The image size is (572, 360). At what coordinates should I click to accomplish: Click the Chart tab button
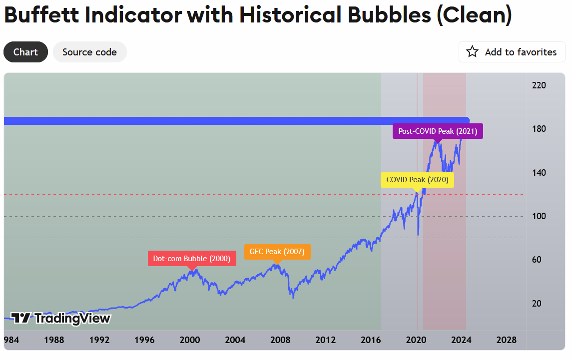(25, 52)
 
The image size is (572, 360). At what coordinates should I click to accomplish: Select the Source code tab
(89, 52)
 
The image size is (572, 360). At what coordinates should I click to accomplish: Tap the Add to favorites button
(512, 52)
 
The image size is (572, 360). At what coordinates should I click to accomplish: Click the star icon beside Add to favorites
(472, 52)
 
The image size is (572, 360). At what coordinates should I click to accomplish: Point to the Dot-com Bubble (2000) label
(192, 259)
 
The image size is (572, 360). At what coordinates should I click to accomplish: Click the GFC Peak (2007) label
(277, 252)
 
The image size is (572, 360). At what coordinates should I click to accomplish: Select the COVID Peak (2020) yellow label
(417, 180)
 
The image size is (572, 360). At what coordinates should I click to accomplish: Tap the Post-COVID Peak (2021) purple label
(438, 131)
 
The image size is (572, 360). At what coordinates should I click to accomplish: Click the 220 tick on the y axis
(539, 85)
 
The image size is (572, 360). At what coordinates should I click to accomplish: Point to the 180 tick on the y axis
(539, 129)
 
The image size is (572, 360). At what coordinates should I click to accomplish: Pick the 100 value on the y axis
(539, 216)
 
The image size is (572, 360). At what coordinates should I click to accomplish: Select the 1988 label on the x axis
(54, 340)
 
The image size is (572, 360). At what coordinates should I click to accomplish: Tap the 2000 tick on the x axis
(190, 340)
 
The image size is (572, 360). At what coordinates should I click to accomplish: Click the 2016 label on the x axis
(371, 340)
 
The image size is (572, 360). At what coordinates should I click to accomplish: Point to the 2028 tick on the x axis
(507, 340)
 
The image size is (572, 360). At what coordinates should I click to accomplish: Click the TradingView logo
(60, 318)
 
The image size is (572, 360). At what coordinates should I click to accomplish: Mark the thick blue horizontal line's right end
(467, 121)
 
